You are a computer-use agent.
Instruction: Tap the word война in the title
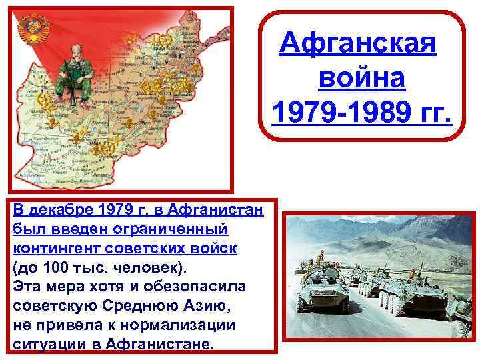point(361,79)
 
